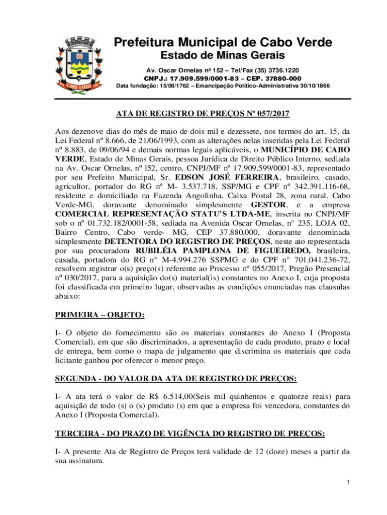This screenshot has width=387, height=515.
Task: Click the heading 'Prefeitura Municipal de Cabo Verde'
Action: coord(222,43)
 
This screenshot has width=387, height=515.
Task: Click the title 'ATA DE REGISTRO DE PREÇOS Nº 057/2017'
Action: coord(203,114)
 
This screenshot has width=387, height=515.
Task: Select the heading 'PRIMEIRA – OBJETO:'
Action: coord(100,315)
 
